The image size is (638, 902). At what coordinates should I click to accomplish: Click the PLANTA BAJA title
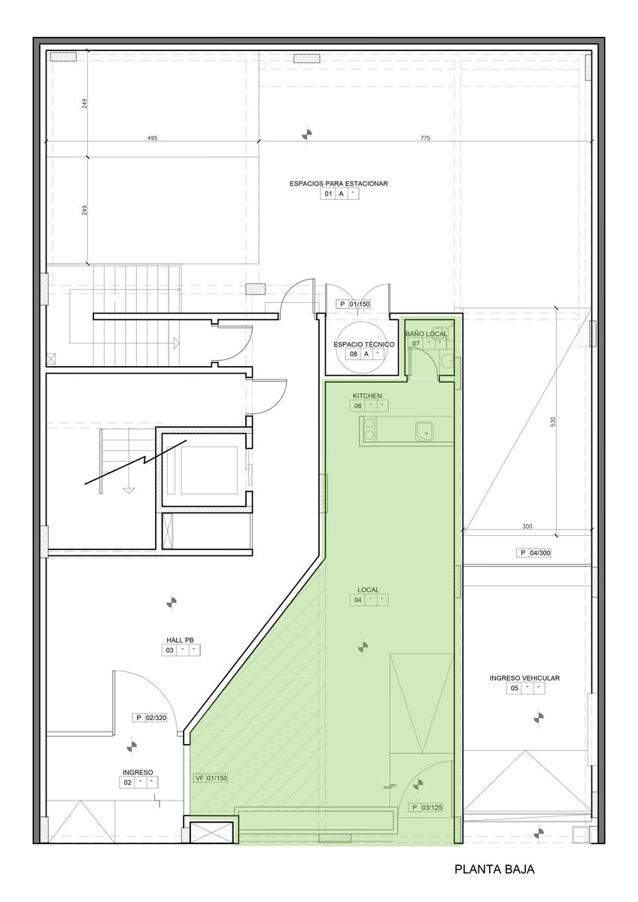494,869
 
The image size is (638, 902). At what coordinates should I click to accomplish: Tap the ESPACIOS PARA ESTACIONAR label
339,183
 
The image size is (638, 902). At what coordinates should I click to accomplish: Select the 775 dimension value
425,138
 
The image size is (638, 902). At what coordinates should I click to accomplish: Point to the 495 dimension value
152,138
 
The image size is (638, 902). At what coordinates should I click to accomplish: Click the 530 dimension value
553,422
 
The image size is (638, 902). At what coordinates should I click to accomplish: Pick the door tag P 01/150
354,304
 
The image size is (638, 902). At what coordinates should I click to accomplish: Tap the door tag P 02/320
150,718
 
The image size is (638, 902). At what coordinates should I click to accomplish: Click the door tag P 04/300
533,553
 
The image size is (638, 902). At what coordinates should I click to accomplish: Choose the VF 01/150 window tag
211,779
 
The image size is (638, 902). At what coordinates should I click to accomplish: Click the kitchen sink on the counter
424,431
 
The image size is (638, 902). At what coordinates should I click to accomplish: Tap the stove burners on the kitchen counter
369,428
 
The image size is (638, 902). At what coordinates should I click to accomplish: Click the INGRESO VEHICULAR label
524,678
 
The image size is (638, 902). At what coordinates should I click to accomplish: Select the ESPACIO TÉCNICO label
363,345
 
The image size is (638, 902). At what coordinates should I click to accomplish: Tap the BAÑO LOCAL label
426,334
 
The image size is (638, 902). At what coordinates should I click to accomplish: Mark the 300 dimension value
527,526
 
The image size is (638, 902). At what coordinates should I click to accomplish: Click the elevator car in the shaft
208,471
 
